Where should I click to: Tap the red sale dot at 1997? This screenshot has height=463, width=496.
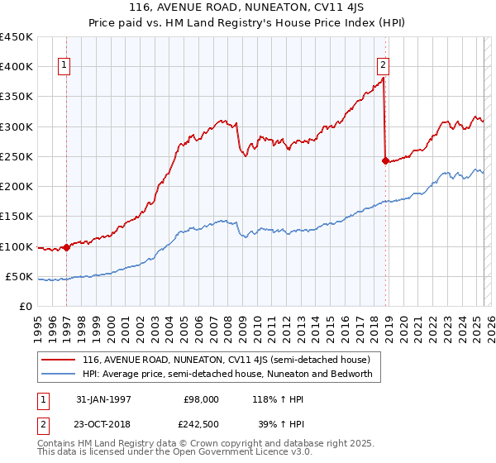pyautogui.click(x=65, y=246)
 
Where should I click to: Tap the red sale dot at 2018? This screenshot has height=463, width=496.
pyautogui.click(x=385, y=160)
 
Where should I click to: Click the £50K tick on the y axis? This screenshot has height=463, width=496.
pyautogui.click(x=20, y=277)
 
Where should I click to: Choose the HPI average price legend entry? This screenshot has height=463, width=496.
pyautogui.click(x=227, y=374)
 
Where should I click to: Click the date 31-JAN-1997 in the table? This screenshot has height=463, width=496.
pyautogui.click(x=103, y=399)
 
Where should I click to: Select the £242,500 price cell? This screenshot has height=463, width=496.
pyautogui.click(x=202, y=423)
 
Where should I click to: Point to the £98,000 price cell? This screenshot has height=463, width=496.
pyautogui.click(x=202, y=399)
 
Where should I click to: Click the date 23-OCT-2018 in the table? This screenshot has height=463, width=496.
pyautogui.click(x=104, y=423)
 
